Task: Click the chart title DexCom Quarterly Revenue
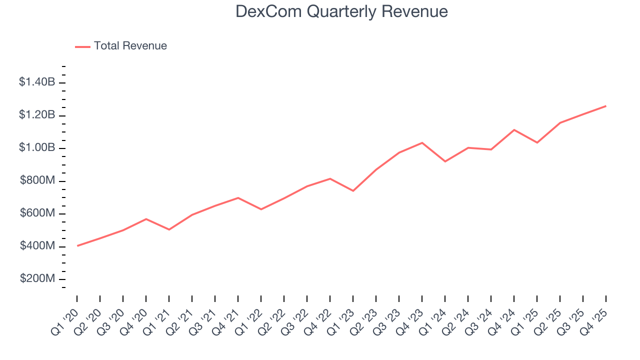341,11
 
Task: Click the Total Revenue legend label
130,46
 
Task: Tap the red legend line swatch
82,46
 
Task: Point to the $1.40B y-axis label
37,82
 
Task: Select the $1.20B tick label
37,115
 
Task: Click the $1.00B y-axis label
37,148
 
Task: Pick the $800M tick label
37,180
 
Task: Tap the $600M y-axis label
37,213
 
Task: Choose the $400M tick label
37,246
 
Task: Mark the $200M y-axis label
37,279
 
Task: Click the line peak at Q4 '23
422,143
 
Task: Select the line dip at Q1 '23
353,190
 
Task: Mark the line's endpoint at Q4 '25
606,106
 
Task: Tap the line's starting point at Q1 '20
77,245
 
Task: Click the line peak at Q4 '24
514,130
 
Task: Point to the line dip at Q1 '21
169,229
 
